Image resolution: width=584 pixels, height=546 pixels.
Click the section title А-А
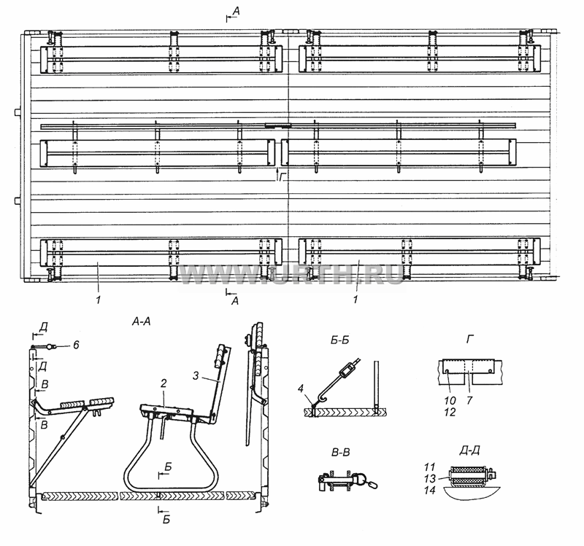(x=142, y=321)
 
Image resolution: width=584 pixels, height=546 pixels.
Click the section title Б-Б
(x=339, y=340)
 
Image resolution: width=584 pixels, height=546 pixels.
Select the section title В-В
(x=340, y=453)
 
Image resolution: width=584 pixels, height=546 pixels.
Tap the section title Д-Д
(x=469, y=451)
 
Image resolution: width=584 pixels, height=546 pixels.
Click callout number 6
(x=76, y=345)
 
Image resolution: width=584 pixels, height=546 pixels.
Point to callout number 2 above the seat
(x=164, y=383)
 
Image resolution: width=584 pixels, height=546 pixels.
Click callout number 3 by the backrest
(x=196, y=375)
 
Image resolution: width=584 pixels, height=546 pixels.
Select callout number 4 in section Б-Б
(x=301, y=389)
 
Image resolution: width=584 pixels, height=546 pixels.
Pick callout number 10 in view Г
(x=450, y=400)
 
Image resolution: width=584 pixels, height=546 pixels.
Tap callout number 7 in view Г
(x=469, y=400)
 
